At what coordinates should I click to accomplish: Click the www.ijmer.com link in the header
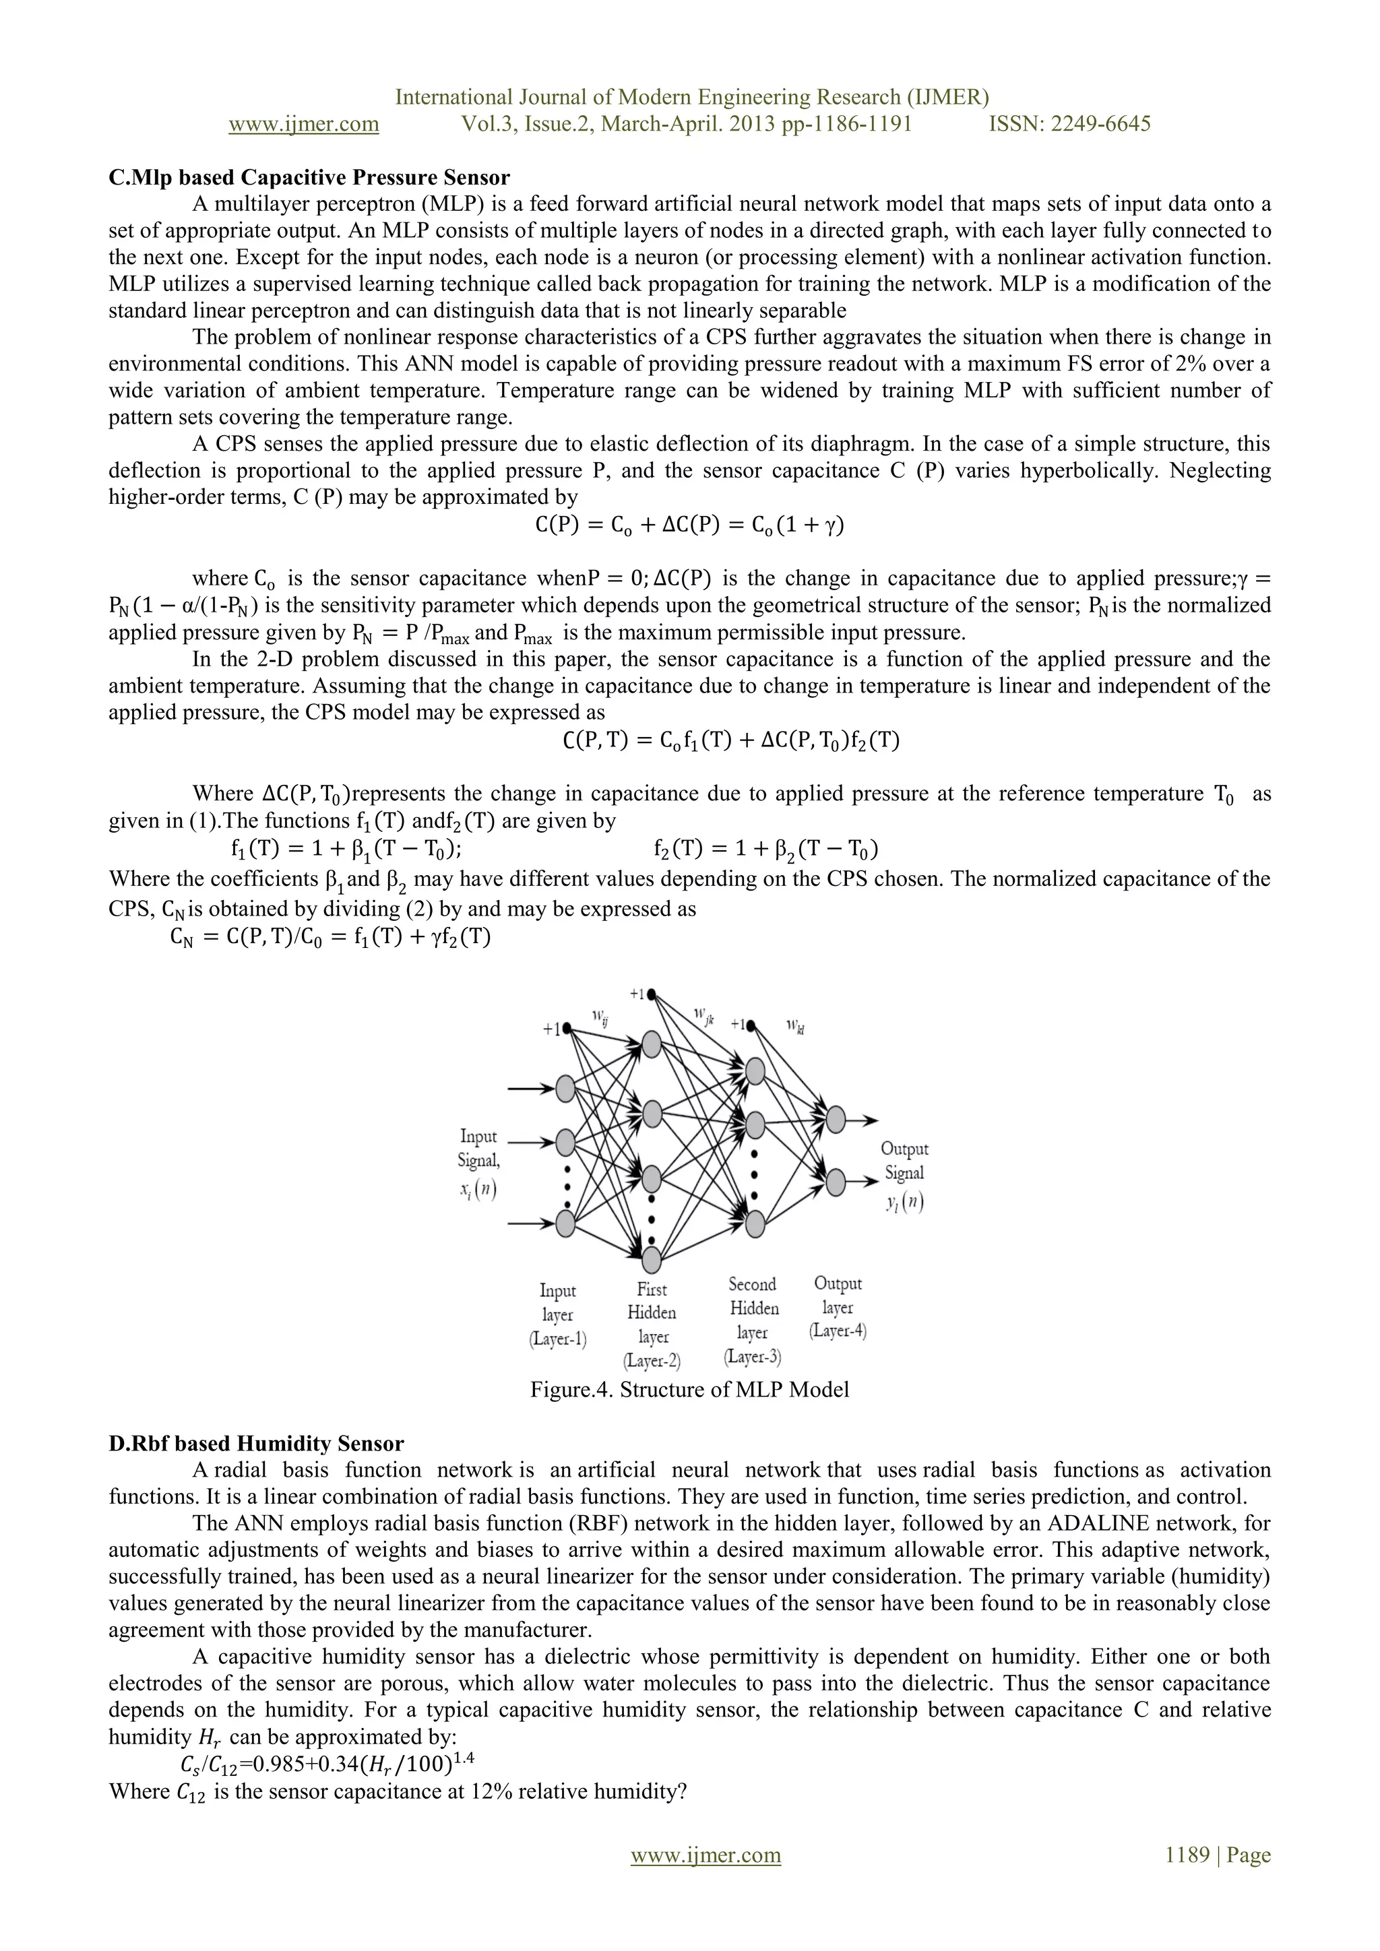(303, 124)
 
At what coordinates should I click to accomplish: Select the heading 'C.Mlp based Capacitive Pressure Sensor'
(309, 178)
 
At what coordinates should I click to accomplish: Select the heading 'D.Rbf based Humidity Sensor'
(256, 1444)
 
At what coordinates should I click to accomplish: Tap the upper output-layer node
(836, 1120)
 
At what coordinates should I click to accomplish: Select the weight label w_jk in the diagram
(703, 1015)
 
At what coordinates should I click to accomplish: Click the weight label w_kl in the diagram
(795, 1027)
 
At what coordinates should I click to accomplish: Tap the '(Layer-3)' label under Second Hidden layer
(753, 1357)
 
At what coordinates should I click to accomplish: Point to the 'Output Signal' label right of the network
(904, 1161)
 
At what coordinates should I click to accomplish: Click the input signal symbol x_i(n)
(478, 1190)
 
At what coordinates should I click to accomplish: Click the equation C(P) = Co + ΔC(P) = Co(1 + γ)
(689, 525)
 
